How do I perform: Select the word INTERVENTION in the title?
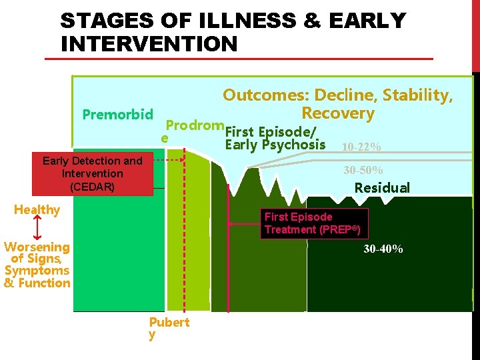[149, 44]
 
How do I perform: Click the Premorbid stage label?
[117, 114]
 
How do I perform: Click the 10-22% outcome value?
[361, 147]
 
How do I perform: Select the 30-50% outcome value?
[363, 171]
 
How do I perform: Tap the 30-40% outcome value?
[383, 249]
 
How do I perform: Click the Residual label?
[381, 188]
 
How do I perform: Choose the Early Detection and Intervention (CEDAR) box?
[92, 174]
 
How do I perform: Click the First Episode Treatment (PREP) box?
[313, 223]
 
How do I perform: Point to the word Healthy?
[37, 210]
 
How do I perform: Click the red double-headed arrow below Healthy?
[37, 228]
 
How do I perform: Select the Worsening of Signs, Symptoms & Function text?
[37, 265]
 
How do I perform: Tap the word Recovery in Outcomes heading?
[338, 113]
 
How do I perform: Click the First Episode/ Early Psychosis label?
[275, 138]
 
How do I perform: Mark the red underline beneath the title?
[239, 59]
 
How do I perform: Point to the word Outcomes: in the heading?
[265, 95]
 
